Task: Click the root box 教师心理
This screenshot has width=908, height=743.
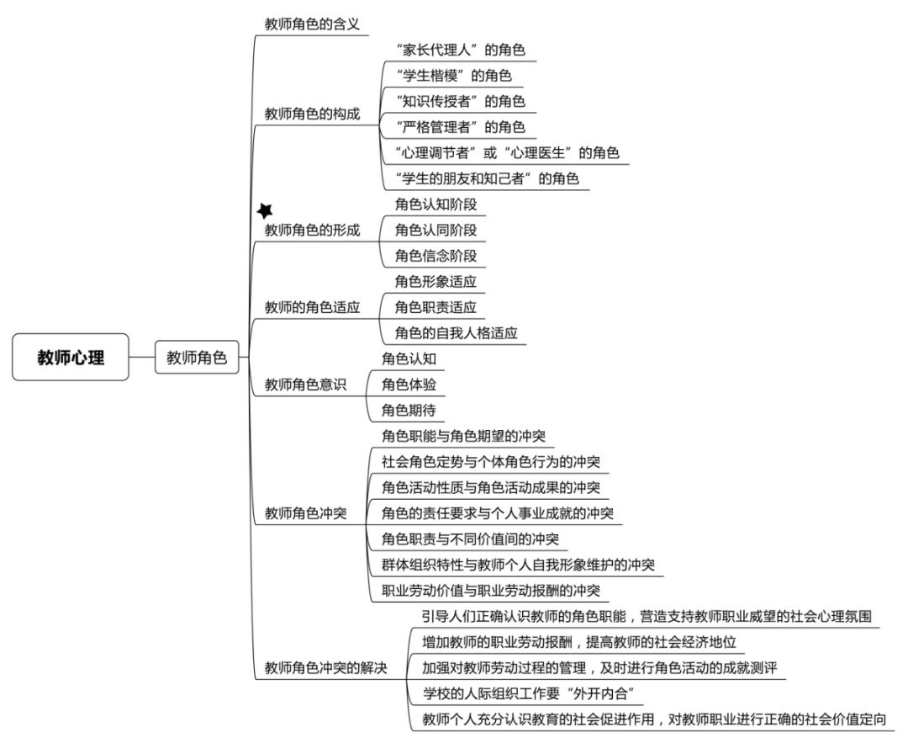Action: pyautogui.click(x=71, y=357)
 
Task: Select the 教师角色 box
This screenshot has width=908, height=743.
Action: pyautogui.click(x=197, y=357)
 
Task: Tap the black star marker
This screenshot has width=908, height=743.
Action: pyautogui.click(x=265, y=210)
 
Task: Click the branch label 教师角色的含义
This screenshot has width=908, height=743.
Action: pyautogui.click(x=312, y=24)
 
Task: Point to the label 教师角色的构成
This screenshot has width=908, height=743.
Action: pyautogui.click(x=312, y=114)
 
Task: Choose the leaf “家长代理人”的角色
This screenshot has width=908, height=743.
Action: pyautogui.click(x=461, y=50)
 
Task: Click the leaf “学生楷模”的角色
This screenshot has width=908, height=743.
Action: pyautogui.click(x=453, y=76)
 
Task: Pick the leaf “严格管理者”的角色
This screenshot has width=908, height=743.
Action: pyautogui.click(x=461, y=126)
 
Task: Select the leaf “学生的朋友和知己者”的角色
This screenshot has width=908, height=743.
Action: pyautogui.click(x=487, y=178)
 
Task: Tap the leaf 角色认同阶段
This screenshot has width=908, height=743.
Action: pyautogui.click(x=436, y=230)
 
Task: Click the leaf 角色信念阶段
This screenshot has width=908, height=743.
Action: pyautogui.click(x=436, y=256)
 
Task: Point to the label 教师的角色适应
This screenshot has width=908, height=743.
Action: pyautogui.click(x=312, y=307)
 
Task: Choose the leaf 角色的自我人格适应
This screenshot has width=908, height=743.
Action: pyautogui.click(x=457, y=332)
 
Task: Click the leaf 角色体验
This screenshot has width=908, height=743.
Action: pyautogui.click(x=409, y=385)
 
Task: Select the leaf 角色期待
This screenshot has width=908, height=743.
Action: pyautogui.click(x=409, y=411)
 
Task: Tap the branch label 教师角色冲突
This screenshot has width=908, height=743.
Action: pyautogui.click(x=306, y=513)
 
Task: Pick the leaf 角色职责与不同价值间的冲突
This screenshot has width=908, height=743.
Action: pyautogui.click(x=470, y=539)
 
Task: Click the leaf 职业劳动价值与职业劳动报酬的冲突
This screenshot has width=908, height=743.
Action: pyautogui.click(x=491, y=591)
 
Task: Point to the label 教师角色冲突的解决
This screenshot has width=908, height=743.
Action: pyautogui.click(x=326, y=667)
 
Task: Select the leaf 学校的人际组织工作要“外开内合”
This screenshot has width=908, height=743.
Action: pyautogui.click(x=529, y=693)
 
